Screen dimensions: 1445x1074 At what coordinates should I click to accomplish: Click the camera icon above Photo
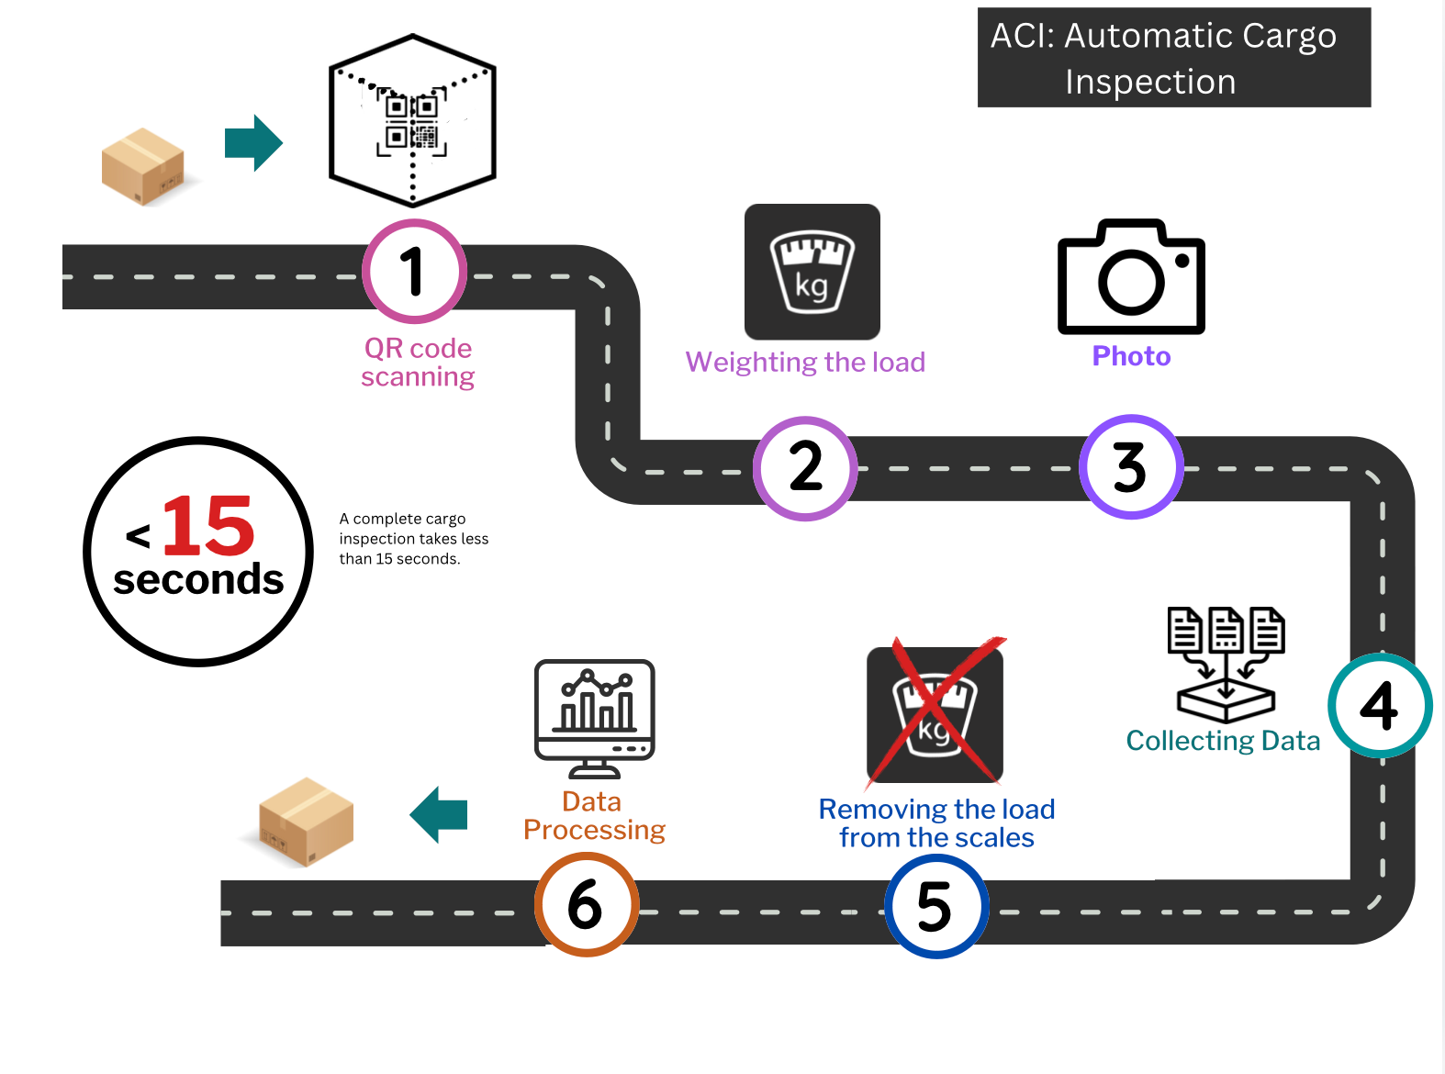[x=1131, y=276]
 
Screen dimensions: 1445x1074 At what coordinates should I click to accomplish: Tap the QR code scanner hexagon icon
[x=412, y=120]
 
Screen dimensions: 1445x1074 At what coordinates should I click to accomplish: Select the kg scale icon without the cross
[x=812, y=272]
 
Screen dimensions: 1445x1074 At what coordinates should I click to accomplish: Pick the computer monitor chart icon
[x=594, y=718]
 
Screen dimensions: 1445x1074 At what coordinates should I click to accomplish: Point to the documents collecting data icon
[x=1226, y=665]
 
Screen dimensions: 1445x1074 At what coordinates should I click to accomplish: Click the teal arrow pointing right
[x=253, y=142]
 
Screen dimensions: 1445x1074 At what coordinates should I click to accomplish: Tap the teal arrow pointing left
[x=438, y=814]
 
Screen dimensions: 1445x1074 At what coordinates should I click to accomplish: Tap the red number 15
[x=207, y=525]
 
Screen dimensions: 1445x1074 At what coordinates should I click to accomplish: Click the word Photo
[x=1131, y=356]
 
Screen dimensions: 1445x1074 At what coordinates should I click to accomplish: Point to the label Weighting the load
[x=805, y=363]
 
